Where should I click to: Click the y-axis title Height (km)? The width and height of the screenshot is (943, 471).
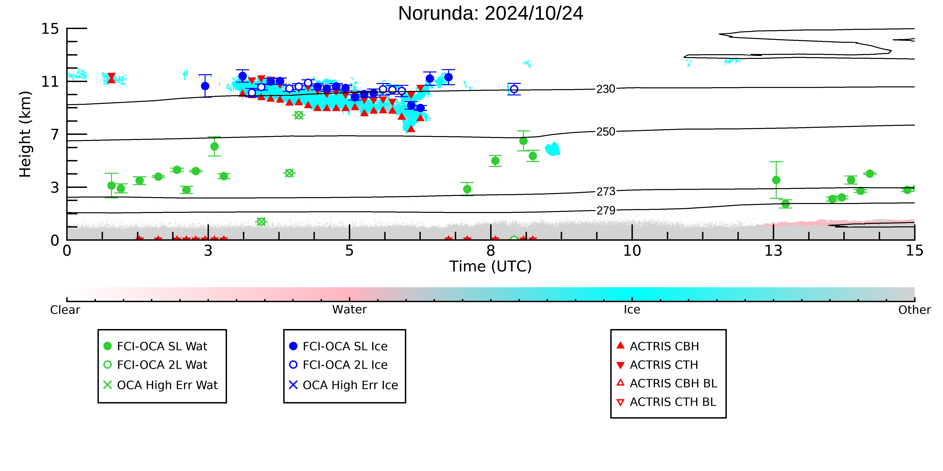pyautogui.click(x=25, y=134)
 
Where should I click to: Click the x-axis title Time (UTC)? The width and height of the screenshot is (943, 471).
pyautogui.click(x=491, y=266)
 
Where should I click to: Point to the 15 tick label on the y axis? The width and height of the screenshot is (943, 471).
pyautogui.click(x=50, y=28)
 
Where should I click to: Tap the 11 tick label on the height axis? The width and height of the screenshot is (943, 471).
pyautogui.click(x=50, y=81)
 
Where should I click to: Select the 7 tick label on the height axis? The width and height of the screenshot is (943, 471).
pyautogui.click(x=55, y=134)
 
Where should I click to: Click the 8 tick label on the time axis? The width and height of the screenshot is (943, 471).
pyautogui.click(x=491, y=251)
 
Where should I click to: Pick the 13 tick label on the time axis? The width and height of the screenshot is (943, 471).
pyautogui.click(x=773, y=251)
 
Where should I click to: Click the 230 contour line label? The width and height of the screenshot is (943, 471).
pyautogui.click(x=606, y=89)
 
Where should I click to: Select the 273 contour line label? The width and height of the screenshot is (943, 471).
pyautogui.click(x=606, y=191)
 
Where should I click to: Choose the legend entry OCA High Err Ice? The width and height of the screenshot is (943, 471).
pyautogui.click(x=343, y=385)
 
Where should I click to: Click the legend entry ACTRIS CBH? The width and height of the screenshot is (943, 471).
pyautogui.click(x=658, y=346)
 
